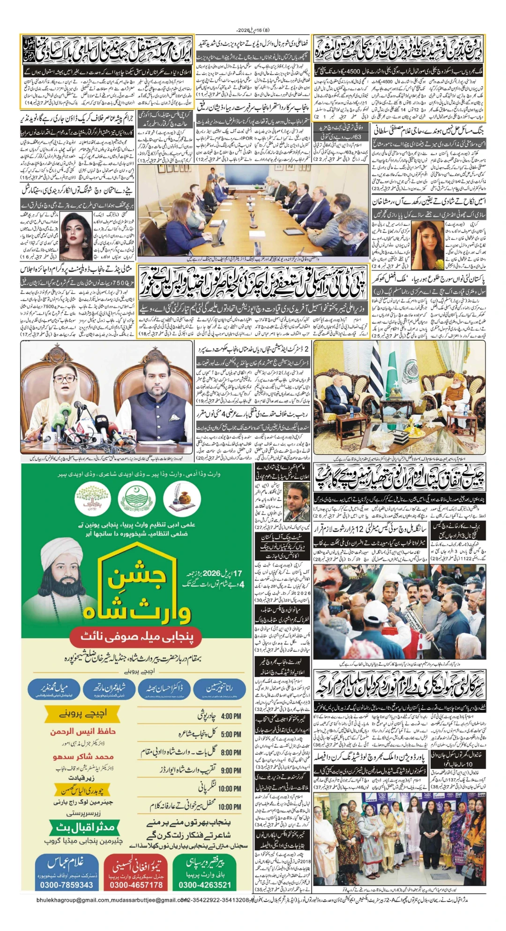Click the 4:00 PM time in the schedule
click(x=231, y=716)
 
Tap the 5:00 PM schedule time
click(x=231, y=734)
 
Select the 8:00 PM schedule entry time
click(x=231, y=752)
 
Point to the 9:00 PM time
click(x=231, y=770)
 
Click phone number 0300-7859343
click(x=67, y=885)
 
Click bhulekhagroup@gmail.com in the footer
click(x=71, y=900)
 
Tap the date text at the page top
click(x=253, y=30)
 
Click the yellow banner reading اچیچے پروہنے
click(x=83, y=713)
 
